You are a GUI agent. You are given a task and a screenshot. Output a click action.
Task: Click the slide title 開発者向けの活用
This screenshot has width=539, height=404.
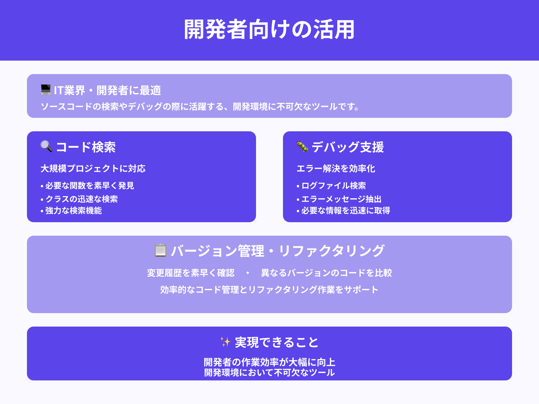269,30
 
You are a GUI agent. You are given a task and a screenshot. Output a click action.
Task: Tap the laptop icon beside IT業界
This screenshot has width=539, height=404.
45,90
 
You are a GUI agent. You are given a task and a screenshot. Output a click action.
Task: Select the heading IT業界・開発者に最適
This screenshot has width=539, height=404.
107,90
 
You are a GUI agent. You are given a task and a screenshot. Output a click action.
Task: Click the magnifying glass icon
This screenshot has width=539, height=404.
46,146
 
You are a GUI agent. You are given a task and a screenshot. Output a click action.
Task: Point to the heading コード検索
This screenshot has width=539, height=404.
86,147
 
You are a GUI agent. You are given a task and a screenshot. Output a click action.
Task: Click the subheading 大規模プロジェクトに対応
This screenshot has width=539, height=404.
93,168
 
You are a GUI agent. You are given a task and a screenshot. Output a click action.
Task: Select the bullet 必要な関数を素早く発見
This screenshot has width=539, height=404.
90,186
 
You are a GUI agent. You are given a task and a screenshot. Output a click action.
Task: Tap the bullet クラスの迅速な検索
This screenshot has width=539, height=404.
82,199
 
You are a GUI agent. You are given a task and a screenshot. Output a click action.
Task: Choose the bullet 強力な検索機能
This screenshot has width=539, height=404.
73,210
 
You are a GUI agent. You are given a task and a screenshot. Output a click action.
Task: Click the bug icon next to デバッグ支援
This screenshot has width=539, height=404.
302,146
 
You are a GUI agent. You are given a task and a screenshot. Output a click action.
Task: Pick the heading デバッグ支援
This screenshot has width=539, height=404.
348,147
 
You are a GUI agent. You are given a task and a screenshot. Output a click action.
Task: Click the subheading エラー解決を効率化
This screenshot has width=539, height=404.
336,168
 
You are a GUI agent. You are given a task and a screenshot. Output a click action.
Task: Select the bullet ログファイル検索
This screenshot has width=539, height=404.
334,186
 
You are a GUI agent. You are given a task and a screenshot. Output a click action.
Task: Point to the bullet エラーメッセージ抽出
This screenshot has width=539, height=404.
341,199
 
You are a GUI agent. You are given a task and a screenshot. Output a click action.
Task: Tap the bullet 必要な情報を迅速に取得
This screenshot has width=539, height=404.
346,210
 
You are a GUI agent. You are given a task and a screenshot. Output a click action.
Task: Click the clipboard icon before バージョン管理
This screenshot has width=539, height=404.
160,250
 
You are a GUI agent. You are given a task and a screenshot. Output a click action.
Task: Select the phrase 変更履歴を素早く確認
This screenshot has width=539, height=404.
191,273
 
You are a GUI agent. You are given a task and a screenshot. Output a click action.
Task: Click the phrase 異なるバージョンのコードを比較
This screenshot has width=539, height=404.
326,273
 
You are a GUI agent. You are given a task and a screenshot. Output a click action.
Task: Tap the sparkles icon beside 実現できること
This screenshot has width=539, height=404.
225,342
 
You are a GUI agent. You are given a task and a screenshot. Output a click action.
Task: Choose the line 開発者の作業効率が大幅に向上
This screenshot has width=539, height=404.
269,362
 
